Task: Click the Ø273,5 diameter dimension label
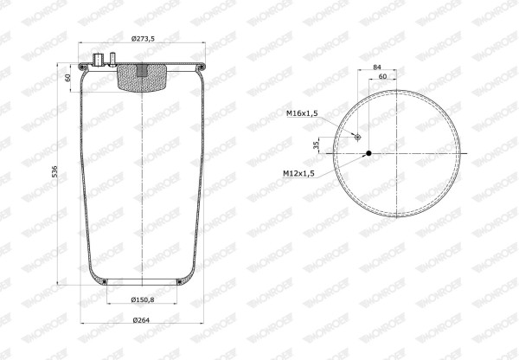143,39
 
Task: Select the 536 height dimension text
54,171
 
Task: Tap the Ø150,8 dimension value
143,300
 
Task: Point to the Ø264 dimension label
141,320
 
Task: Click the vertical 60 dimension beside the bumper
67,78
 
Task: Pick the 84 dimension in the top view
377,67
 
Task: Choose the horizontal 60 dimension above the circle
382,76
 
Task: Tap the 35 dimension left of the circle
316,145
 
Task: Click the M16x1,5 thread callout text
302,113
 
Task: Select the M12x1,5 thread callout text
298,173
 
